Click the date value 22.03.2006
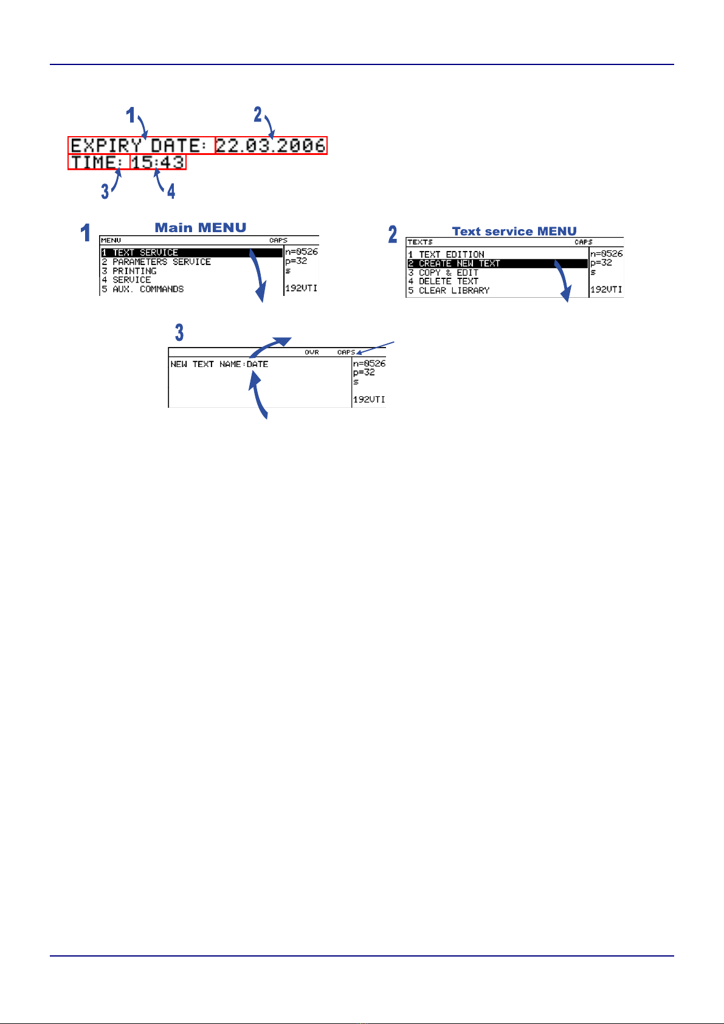[271, 146]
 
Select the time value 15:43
[158, 162]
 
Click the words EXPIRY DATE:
[140, 146]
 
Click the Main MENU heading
[201, 228]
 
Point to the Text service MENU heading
[514, 232]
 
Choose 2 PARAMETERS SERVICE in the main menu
[156, 262]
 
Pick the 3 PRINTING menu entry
[129, 271]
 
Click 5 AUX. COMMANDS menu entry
[143, 289]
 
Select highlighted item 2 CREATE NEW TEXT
[454, 264]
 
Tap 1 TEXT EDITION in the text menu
[446, 255]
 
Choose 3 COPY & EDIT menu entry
[443, 273]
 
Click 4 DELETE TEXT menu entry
[443, 281]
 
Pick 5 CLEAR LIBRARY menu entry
[449, 290]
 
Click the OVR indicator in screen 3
[312, 352]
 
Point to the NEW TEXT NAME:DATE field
[219, 365]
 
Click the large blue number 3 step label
[179, 332]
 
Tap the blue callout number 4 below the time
[171, 191]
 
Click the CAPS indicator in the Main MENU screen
[278, 241]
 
